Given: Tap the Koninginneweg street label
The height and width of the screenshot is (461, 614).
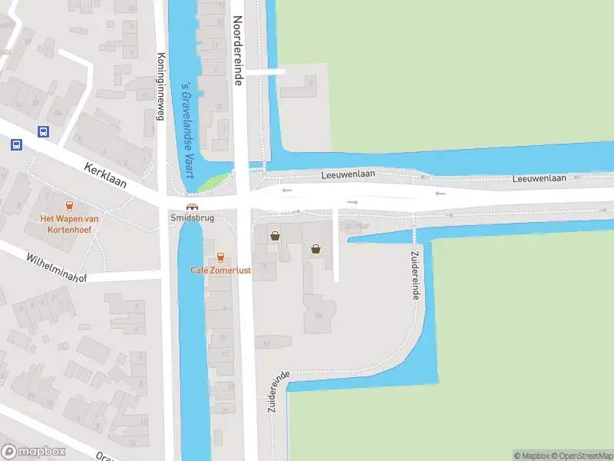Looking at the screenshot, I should coord(161,87).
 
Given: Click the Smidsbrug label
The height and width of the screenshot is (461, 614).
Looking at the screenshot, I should coord(192,218).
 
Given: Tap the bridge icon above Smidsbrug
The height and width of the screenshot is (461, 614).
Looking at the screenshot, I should coord(192,206).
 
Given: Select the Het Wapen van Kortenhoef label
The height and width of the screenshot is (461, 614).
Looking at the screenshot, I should coord(69,223).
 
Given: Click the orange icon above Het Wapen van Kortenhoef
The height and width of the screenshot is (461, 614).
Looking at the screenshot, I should coord(69,206).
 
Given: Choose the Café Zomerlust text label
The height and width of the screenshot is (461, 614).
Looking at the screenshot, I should coord(220,270).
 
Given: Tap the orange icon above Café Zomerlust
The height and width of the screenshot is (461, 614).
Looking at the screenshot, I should coord(220,257).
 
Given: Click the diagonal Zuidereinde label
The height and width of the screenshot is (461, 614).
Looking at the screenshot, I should coord(279,392).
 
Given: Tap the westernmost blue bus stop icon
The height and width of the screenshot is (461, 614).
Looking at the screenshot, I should coord(16,144).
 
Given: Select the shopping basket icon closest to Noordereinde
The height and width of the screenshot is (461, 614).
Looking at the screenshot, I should coord(275,237).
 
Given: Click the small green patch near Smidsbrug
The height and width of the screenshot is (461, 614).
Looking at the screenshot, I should coord(213,183).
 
